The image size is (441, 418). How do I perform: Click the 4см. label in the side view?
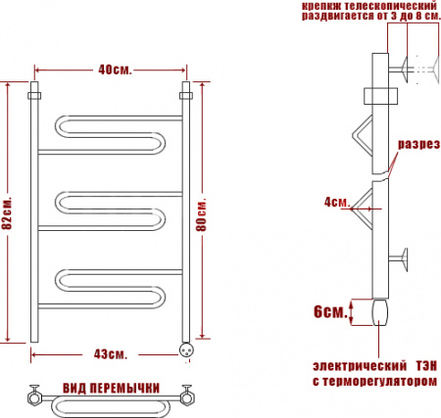coord(336,203)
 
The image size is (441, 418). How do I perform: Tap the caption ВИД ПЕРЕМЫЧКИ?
coord(112,388)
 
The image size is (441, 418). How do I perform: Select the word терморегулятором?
coord(382,381)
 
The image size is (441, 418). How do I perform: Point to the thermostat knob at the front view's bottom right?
coord(186,345)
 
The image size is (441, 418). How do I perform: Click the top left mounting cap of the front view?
coord(33,96)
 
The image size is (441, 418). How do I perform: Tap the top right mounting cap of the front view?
coord(186,96)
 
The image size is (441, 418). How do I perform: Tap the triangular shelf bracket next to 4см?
coord(367,201)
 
